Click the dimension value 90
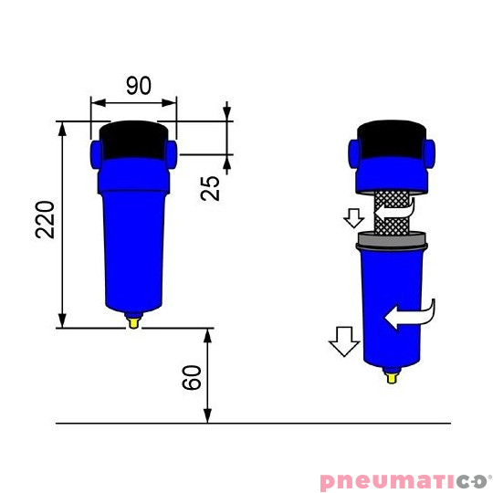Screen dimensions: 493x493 [138, 87]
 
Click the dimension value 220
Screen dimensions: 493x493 [47, 219]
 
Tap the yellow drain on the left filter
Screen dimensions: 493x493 [134, 320]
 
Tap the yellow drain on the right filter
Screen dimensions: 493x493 [393, 374]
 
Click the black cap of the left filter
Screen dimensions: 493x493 [133, 139]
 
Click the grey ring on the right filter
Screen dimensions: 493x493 [393, 241]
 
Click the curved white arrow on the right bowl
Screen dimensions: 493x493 [411, 316]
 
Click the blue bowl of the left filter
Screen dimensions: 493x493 [133, 246]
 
